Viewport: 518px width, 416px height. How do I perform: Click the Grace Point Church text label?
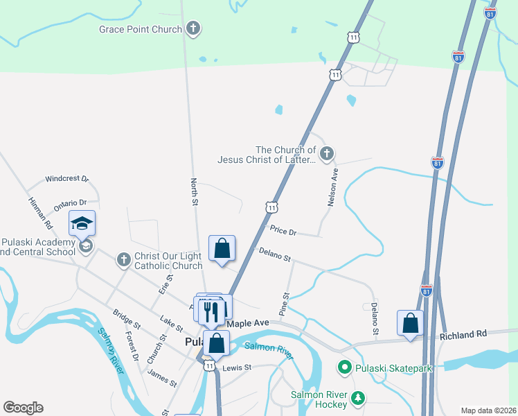pyautogui.click(x=141, y=29)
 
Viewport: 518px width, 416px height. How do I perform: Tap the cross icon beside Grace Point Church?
pyautogui.click(x=194, y=29)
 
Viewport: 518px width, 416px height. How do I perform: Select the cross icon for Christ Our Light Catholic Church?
pyautogui.click(x=123, y=260)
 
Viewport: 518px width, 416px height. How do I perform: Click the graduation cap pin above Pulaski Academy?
pyautogui.click(x=82, y=223)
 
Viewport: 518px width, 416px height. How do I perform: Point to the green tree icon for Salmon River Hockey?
pyautogui.click(x=357, y=397)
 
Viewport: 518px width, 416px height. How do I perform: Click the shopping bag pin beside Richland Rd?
pyautogui.click(x=410, y=323)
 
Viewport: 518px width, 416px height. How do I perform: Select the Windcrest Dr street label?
pyautogui.click(x=67, y=179)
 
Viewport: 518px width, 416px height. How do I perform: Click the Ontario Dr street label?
pyautogui.click(x=71, y=204)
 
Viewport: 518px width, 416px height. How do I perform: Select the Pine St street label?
pyautogui.click(x=283, y=304)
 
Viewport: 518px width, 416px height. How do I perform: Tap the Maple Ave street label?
pyautogui.click(x=247, y=324)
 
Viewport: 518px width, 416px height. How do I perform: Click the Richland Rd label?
pyautogui.click(x=463, y=334)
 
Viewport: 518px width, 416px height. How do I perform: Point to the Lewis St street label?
pyautogui.click(x=236, y=367)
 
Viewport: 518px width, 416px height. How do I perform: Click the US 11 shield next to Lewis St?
pyautogui.click(x=208, y=365)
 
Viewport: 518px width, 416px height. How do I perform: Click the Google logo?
pyautogui.click(x=23, y=408)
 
